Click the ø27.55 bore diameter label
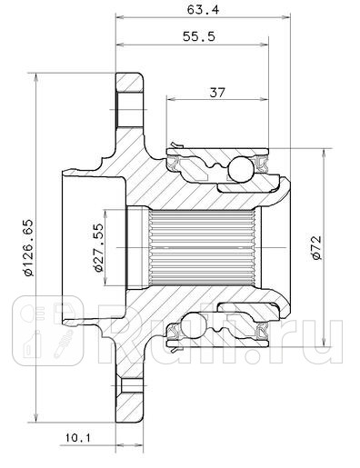[95, 244]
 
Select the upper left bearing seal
[176, 160]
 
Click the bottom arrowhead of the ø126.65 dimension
[35, 409]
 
